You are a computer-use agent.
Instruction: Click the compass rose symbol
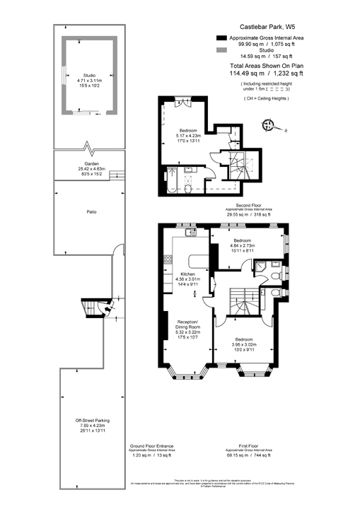[268, 126]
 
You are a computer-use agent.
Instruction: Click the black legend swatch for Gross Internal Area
[221, 37]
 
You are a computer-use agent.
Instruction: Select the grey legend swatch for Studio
[221, 51]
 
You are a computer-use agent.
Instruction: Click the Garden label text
[89, 164]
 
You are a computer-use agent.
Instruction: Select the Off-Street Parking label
[89, 421]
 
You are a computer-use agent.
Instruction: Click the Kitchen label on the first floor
[187, 274]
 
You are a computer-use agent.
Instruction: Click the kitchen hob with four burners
[168, 259]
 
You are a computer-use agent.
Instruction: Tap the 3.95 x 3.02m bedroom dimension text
[245, 344]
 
